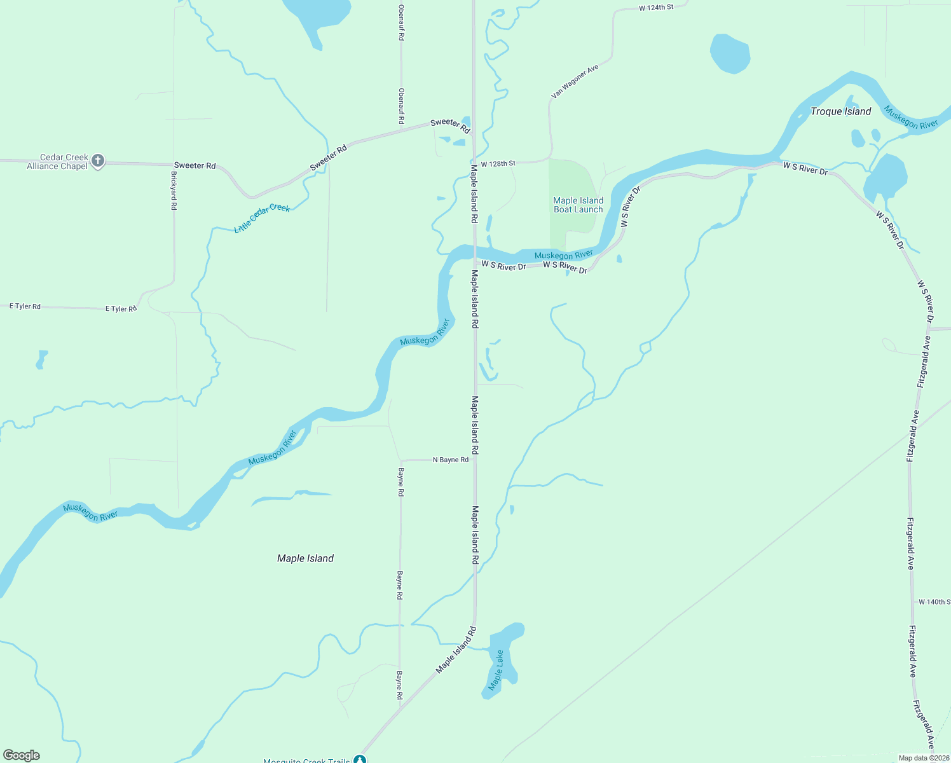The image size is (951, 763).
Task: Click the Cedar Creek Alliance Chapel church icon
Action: [97, 161]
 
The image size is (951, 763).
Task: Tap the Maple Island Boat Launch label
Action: [578, 205]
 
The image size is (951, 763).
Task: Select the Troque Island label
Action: [840, 111]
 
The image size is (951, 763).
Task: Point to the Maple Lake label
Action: [496, 670]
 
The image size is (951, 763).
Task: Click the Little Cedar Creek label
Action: [262, 217]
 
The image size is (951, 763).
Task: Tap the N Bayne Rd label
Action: [450, 460]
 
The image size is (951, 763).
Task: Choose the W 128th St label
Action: [498, 163]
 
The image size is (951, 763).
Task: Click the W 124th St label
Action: [656, 8]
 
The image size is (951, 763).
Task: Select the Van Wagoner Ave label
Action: [575, 81]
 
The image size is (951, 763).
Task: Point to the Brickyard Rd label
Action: [174, 190]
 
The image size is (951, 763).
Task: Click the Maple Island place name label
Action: [305, 558]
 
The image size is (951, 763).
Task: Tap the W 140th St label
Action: [934, 601]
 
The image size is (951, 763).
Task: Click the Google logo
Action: [22, 755]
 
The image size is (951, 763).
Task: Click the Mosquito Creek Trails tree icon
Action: [360, 759]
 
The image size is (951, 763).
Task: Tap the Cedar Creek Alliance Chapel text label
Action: [57, 162]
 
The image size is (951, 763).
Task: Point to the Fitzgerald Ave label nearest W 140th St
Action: [910, 544]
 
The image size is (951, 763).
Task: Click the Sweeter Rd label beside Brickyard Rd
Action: [195, 165]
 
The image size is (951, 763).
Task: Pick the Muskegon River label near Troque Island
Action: [910, 117]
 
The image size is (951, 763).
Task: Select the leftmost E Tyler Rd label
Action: [25, 306]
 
